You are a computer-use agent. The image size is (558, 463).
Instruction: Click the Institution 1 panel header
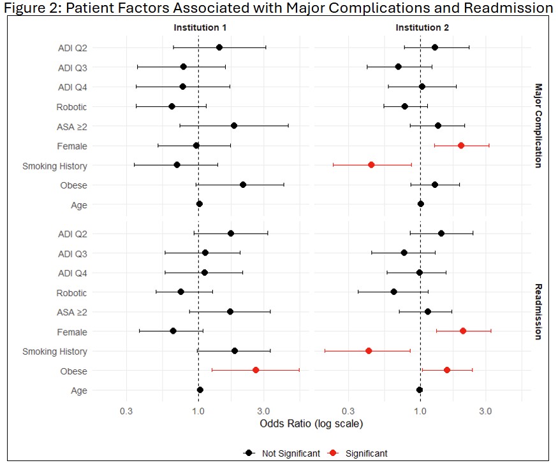coord(200,28)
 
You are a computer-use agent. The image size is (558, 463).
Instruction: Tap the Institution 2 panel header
coord(422,28)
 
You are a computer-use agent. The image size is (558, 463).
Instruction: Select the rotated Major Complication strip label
coord(538,125)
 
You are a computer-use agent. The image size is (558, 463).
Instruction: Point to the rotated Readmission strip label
coord(538,311)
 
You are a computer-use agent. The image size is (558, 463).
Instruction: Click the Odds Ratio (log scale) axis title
coord(311,424)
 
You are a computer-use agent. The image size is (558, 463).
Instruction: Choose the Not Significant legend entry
coord(282,453)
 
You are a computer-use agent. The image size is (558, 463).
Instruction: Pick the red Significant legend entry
coord(358,453)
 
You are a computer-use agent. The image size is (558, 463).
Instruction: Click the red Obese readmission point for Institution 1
coord(256,370)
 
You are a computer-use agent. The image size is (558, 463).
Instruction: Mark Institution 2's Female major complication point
coord(461,145)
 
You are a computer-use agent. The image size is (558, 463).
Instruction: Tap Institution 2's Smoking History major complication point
coord(371,165)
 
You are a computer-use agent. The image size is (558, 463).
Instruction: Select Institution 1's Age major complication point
coord(199,204)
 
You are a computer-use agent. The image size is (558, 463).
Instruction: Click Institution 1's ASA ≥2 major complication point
coord(234,125)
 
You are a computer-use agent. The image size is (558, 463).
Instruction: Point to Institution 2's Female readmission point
coord(462,331)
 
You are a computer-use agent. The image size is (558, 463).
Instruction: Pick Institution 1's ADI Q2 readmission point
coord(231,234)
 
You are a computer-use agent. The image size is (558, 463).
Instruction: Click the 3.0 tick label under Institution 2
coord(485,411)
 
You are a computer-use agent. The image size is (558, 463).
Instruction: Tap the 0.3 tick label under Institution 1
coord(126,411)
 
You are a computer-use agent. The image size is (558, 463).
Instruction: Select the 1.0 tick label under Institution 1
coord(198,411)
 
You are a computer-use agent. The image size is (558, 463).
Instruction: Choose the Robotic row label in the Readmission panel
coord(71,293)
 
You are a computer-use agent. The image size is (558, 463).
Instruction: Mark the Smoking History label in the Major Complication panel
coord(55,166)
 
